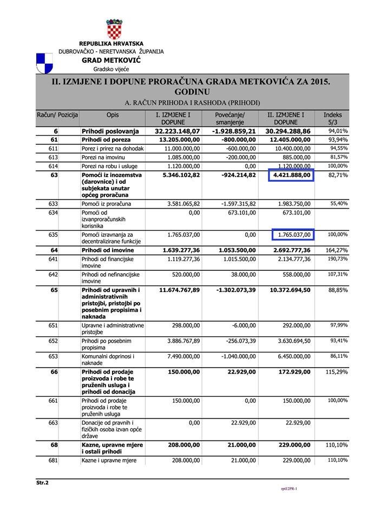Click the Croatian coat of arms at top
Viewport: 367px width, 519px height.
click(114, 29)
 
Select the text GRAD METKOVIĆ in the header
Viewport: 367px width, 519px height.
click(111, 61)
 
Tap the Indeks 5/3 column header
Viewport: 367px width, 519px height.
click(332, 119)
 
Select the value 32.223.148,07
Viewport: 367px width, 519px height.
click(178, 131)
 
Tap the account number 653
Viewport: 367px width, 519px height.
click(53, 357)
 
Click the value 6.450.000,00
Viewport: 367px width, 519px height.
click(291, 357)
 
